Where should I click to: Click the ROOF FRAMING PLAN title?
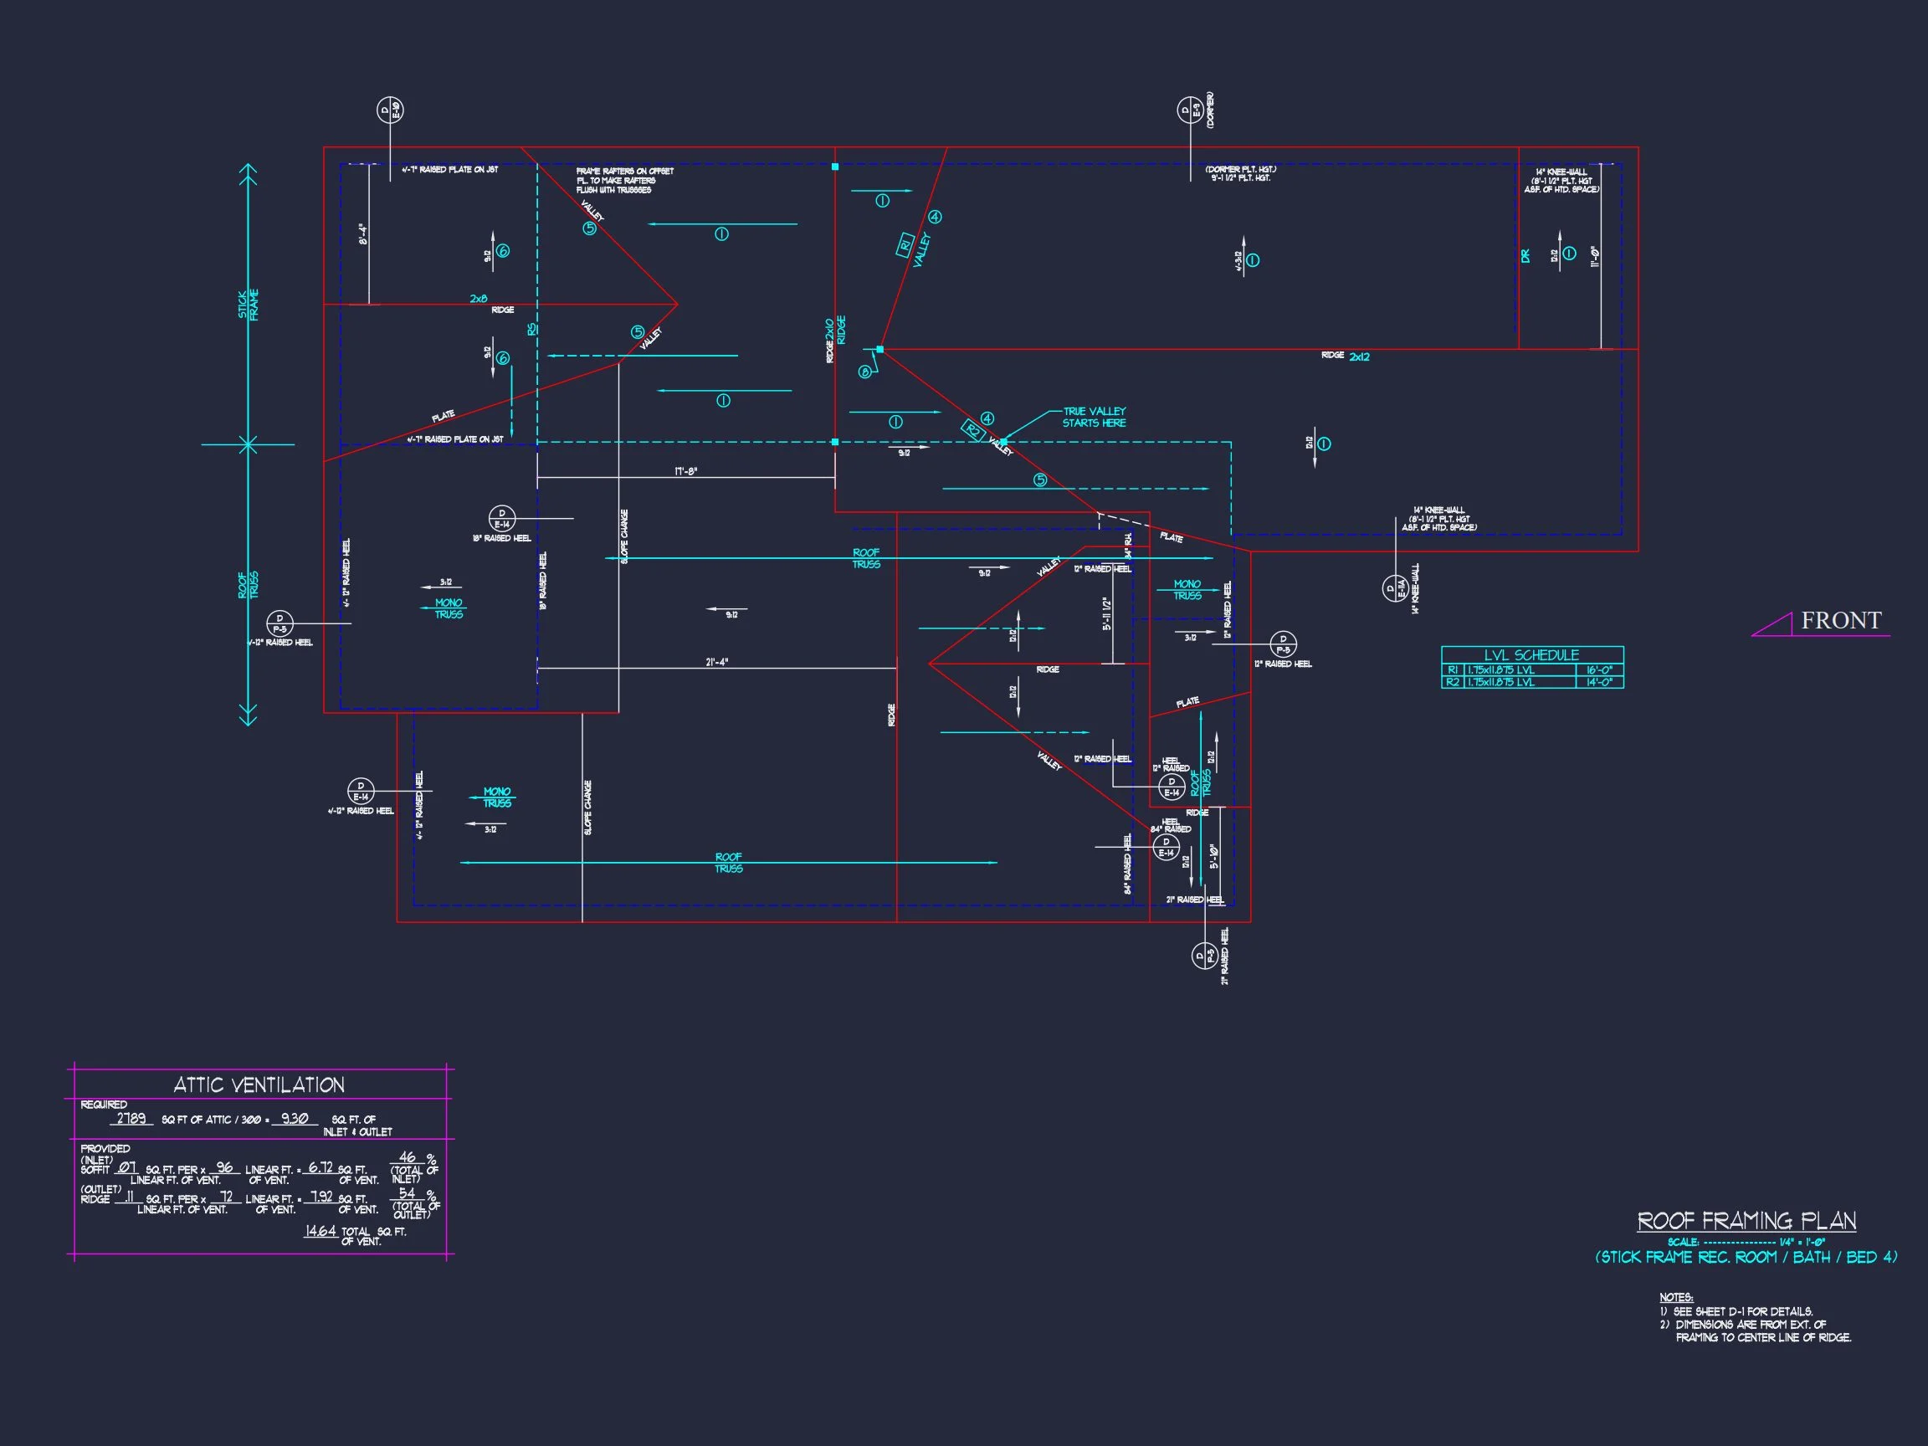(1746, 1221)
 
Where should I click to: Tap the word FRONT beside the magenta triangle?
(1841, 621)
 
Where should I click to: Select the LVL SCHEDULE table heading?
(1531, 654)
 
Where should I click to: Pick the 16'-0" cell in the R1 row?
(1599, 670)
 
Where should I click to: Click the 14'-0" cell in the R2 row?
(1599, 683)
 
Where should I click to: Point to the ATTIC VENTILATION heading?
(259, 1085)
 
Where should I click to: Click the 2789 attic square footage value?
(131, 1118)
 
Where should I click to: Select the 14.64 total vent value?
(320, 1231)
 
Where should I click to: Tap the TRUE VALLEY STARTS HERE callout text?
(1094, 417)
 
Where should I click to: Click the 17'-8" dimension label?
(686, 472)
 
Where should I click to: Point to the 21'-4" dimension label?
(716, 663)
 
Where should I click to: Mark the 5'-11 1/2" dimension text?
(1108, 613)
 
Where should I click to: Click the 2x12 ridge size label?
(1359, 356)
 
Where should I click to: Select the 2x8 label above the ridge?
(479, 299)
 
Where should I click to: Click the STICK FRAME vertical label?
(249, 305)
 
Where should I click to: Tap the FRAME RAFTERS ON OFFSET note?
(624, 181)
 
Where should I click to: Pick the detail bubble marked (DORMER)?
(1190, 110)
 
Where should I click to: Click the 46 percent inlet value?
(407, 1157)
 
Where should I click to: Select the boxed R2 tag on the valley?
(972, 430)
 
